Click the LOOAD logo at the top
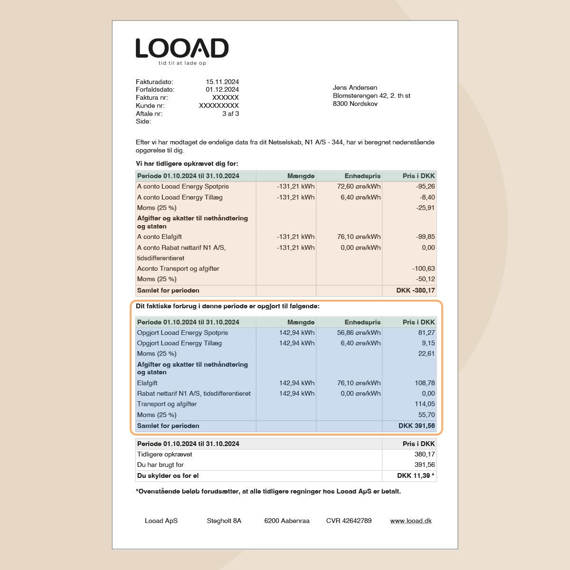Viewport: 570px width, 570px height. coord(182,48)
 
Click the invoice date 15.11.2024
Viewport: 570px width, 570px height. coord(222,82)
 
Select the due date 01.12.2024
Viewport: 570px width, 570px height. coord(222,89)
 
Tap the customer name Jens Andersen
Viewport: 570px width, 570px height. coord(355,87)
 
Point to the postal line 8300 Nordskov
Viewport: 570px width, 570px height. coord(355,104)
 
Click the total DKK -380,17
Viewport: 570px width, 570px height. coord(416,290)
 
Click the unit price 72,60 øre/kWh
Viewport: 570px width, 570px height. coord(359,187)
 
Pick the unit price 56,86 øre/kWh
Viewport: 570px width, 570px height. coord(359,332)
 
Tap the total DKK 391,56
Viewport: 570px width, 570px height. coord(417,426)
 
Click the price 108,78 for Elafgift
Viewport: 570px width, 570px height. coord(425,383)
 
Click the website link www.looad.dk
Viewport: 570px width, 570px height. coord(411,521)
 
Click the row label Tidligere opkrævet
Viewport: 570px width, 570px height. coord(164,454)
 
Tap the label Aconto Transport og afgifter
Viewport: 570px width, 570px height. coord(178,268)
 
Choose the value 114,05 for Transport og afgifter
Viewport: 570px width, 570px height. coord(425,404)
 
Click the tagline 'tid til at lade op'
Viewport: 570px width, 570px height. coord(182,63)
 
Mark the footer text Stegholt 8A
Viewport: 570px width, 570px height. coord(224,521)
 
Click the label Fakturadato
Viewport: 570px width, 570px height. coord(154,82)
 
